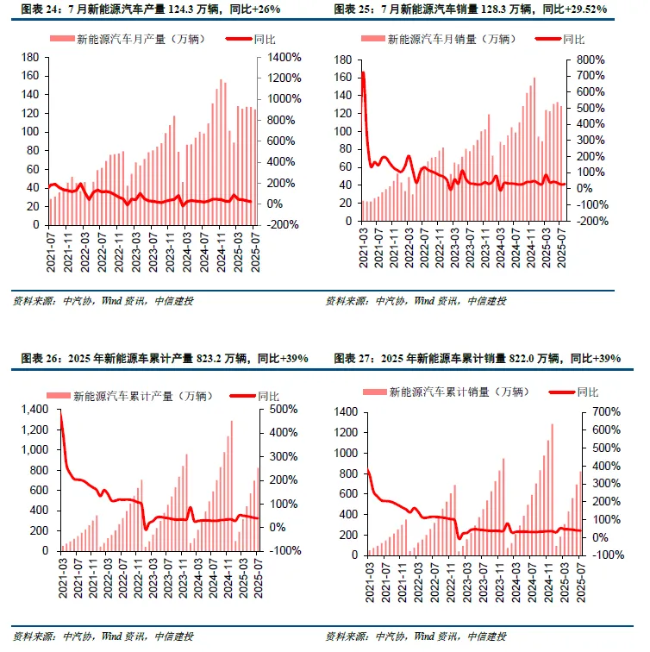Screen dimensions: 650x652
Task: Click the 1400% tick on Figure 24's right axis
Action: click(284, 58)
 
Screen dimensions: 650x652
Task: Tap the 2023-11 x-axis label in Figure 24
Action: click(171, 253)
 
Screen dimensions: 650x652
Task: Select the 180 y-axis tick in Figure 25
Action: click(343, 60)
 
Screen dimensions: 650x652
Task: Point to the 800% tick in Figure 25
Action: click(591, 60)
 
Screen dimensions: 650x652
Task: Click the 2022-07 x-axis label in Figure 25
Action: click(424, 248)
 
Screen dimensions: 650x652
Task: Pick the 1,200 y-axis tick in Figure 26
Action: click(34, 429)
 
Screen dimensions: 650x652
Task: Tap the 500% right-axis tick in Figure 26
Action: click(284, 409)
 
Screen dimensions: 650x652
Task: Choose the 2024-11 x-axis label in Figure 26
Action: click(228, 579)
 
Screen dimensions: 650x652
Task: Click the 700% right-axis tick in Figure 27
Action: click(606, 412)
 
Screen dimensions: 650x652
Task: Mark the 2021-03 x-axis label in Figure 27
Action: click(370, 582)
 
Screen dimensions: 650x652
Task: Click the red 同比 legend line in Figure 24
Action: click(239, 39)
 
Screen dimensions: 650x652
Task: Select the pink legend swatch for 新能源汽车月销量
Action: click(373, 39)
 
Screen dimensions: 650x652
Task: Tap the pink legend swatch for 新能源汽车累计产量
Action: click(59, 396)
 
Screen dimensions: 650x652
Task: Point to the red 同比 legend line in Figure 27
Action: click(562, 392)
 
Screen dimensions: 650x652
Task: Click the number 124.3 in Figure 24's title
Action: click(181, 9)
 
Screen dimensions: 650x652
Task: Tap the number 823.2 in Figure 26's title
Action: click(209, 358)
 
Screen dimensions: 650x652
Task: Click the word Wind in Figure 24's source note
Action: click(112, 301)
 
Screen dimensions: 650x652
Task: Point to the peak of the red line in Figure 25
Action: click(363, 72)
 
